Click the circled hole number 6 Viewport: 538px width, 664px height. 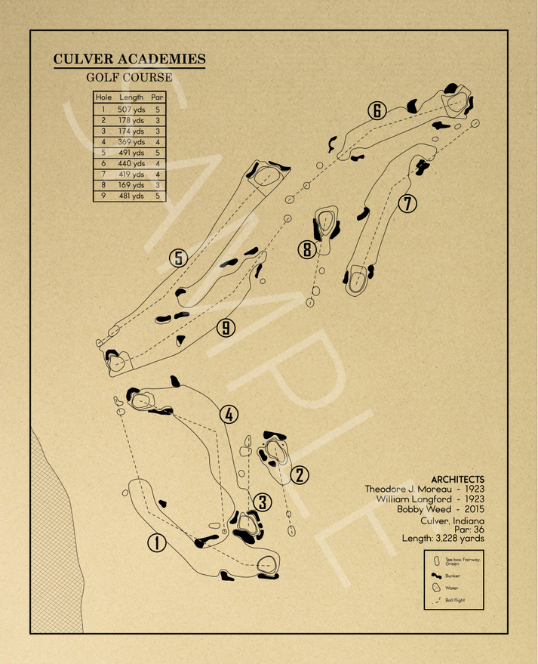pyautogui.click(x=377, y=111)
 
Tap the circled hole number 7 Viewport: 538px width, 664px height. pyautogui.click(x=407, y=203)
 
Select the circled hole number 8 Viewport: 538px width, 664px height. pyautogui.click(x=306, y=249)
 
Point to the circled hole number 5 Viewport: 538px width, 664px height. pyautogui.click(x=178, y=258)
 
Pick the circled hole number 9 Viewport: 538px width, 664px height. pyautogui.click(x=225, y=328)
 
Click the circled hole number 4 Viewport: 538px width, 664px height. pyautogui.click(x=229, y=414)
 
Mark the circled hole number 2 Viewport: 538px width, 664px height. pyautogui.click(x=300, y=475)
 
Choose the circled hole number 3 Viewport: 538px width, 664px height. pyautogui.click(x=262, y=502)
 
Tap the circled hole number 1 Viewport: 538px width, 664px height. pyautogui.click(x=157, y=542)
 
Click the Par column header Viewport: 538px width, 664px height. pyautogui.click(x=157, y=97)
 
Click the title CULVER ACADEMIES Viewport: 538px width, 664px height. pyautogui.click(x=129, y=60)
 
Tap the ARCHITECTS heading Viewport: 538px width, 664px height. pyautogui.click(x=457, y=480)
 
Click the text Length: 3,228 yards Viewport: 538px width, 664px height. pyautogui.click(x=444, y=539)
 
